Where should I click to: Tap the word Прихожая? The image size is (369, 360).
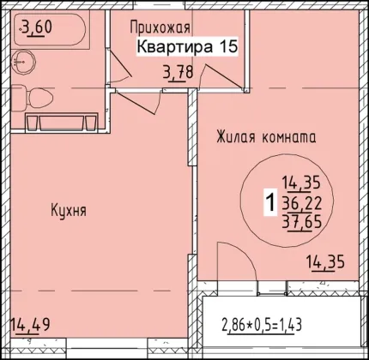(160, 27)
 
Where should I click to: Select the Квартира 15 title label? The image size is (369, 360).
(187, 46)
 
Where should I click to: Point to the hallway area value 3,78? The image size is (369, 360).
(178, 72)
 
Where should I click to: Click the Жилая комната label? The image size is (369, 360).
(266, 137)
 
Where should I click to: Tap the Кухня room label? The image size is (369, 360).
(69, 211)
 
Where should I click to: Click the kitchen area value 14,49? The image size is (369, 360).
(30, 325)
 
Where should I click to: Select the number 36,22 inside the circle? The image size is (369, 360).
(302, 203)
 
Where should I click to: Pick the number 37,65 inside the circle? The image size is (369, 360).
(302, 222)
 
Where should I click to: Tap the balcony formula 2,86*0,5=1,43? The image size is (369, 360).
(262, 326)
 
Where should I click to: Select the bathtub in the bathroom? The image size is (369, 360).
(49, 27)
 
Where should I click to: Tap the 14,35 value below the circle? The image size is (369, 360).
(325, 262)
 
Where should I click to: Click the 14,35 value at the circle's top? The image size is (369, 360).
(301, 183)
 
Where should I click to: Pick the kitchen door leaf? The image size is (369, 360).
(136, 102)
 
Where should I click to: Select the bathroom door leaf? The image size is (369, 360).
(120, 63)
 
